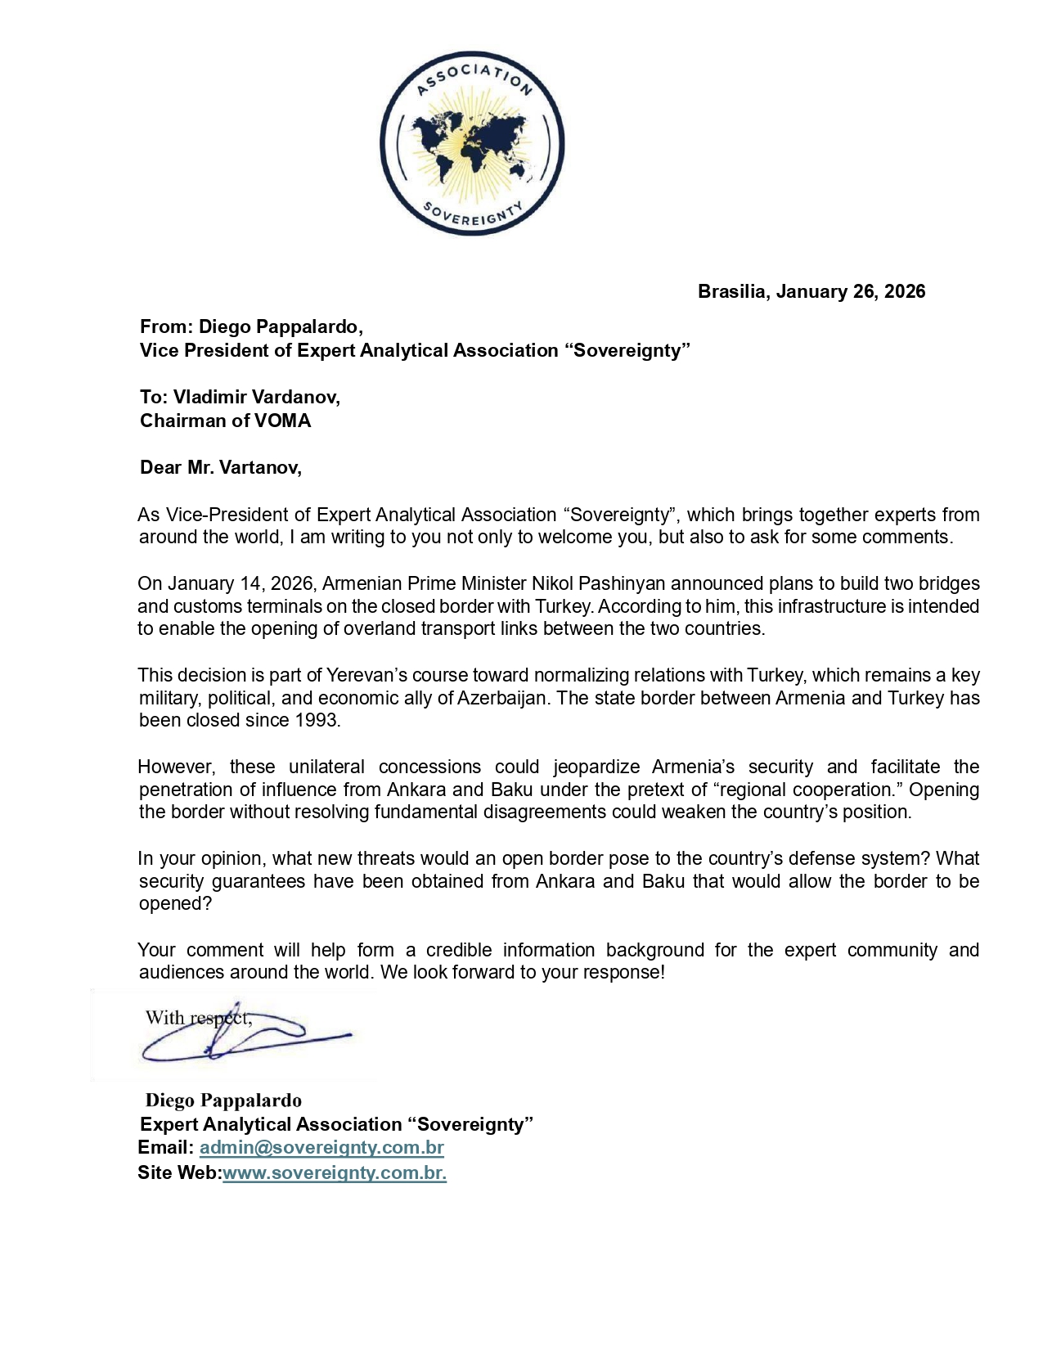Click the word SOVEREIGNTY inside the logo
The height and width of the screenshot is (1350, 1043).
[472, 215]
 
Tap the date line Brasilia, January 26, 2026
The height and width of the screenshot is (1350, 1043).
[811, 292]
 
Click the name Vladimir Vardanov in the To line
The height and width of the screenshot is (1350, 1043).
[256, 398]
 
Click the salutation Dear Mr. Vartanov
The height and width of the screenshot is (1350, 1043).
[220, 468]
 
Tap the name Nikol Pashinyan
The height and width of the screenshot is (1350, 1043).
[598, 584]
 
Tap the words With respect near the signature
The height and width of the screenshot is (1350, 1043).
[196, 1019]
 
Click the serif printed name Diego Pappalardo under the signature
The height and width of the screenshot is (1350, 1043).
[223, 1101]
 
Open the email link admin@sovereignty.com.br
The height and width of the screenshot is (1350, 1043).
[321, 1148]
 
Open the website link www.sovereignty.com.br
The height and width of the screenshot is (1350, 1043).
[334, 1173]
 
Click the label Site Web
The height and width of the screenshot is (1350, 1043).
[178, 1173]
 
